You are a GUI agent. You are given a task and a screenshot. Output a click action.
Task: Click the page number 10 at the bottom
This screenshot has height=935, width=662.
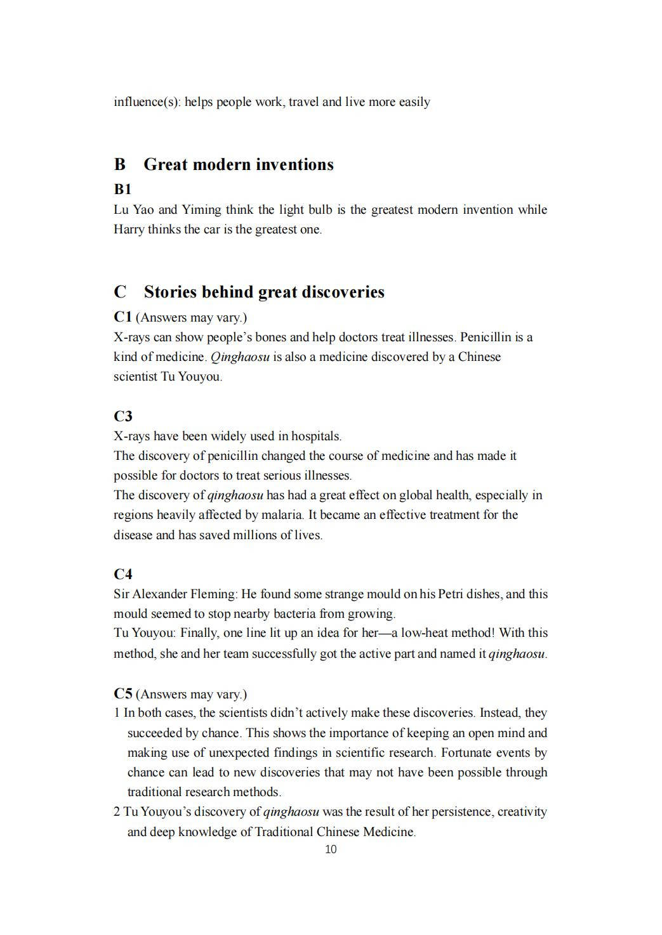pyautogui.click(x=331, y=849)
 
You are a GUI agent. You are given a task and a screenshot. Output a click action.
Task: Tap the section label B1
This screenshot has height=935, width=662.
pyautogui.click(x=122, y=189)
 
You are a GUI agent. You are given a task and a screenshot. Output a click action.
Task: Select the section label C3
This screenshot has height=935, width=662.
pyautogui.click(x=123, y=416)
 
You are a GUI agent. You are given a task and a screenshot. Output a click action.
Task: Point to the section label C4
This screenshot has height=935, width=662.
pyautogui.click(x=123, y=574)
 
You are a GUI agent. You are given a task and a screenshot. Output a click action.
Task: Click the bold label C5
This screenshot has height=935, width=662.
pyautogui.click(x=123, y=693)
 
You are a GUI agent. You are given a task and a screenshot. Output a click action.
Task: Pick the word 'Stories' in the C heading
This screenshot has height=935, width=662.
pyautogui.click(x=170, y=292)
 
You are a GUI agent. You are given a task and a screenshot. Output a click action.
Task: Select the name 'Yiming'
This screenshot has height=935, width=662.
pyautogui.click(x=202, y=209)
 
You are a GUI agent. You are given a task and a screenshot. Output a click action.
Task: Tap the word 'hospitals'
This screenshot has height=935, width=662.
pyautogui.click(x=315, y=436)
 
